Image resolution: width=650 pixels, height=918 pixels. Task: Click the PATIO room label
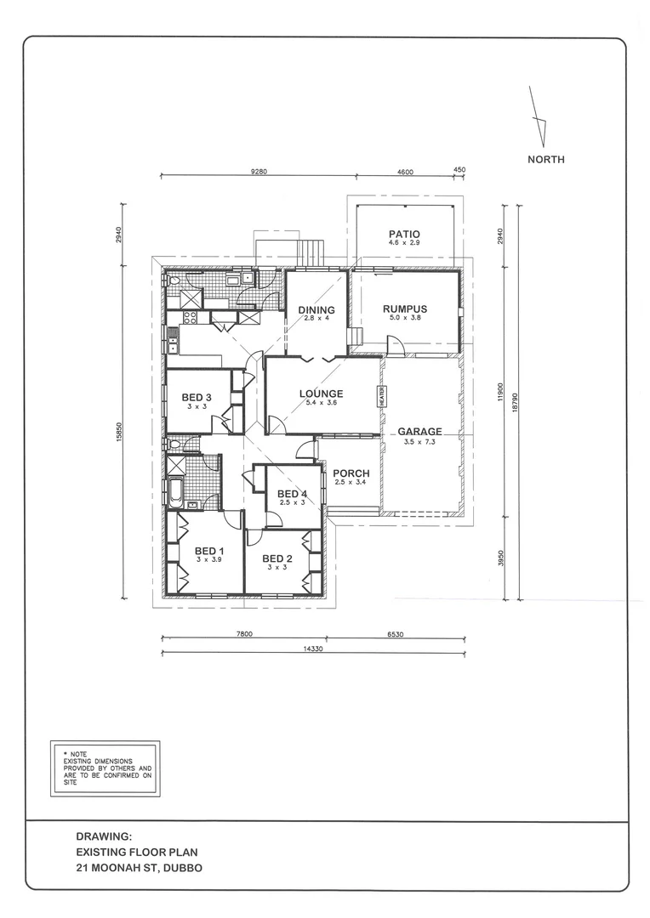[x=404, y=235]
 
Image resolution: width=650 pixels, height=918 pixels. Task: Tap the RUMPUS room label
[x=404, y=309]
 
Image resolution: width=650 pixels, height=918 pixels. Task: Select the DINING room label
[x=316, y=310]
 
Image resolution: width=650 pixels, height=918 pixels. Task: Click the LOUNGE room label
[x=321, y=394]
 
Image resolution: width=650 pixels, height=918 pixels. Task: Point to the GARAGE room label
[x=419, y=432]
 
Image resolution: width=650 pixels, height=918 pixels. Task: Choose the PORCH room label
[x=351, y=473]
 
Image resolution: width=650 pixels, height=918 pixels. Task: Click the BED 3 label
[x=196, y=398]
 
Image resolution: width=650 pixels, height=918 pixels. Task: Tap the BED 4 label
[x=292, y=494]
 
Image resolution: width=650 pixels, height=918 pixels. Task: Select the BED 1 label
[x=209, y=551]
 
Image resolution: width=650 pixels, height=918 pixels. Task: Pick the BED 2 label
[x=277, y=558]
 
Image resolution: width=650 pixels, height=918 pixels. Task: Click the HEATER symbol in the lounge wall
[x=383, y=396]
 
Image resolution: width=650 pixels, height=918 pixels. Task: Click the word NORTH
[x=545, y=159]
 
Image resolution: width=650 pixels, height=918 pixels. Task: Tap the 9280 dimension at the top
[x=259, y=171]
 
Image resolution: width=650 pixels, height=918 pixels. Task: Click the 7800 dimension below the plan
[x=243, y=633]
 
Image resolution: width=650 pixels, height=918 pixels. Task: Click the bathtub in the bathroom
[x=177, y=490]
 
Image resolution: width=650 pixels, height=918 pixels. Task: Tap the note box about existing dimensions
[x=105, y=768]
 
